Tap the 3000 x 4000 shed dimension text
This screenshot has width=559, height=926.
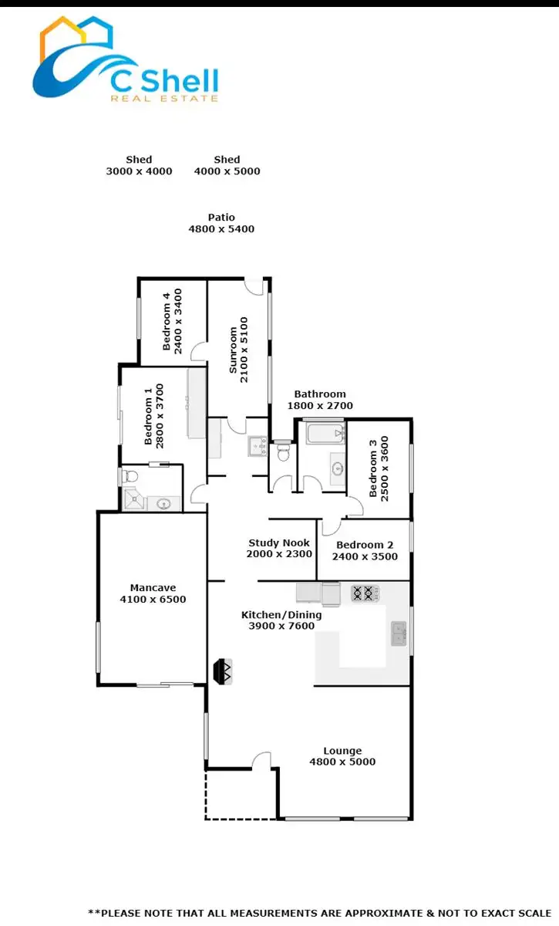point(139,171)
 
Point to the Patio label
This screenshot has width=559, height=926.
point(221,218)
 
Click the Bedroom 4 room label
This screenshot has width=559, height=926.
point(172,321)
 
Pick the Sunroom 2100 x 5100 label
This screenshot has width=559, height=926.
point(238,345)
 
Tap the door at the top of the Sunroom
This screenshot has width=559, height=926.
point(255,286)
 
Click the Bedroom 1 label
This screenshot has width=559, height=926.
point(155,415)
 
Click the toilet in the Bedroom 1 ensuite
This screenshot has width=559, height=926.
point(129,476)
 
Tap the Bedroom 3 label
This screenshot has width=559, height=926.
point(378,468)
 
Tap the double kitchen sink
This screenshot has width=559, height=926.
point(399,634)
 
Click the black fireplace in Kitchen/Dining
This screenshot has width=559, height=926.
point(223,671)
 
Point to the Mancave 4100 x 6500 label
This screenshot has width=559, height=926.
point(153,593)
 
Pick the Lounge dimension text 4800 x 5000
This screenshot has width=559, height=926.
point(342,762)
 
